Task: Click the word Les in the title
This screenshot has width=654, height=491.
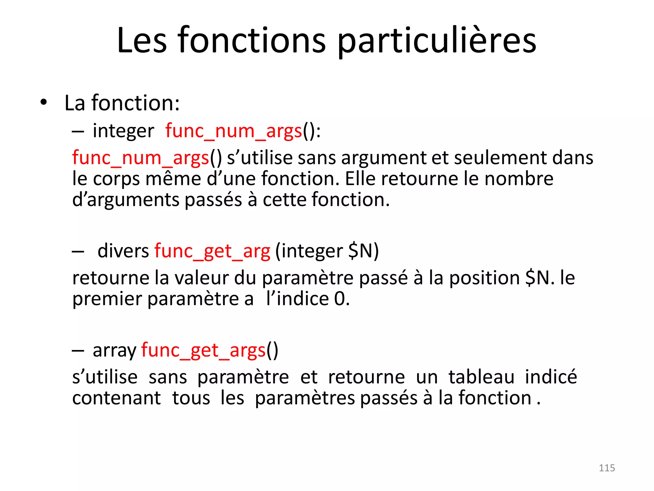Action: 142,41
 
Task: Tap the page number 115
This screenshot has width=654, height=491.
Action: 607,468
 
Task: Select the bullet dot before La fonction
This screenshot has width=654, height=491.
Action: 44,103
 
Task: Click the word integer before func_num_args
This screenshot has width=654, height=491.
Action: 123,131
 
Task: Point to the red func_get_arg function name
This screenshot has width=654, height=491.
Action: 212,251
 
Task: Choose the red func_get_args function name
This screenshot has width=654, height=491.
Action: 203,350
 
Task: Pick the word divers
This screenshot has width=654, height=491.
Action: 123,251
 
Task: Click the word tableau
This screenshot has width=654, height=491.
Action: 481,377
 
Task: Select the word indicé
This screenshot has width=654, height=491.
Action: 551,377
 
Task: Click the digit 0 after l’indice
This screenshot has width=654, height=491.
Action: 340,299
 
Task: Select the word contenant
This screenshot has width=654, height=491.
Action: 117,398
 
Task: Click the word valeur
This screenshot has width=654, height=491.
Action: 202,278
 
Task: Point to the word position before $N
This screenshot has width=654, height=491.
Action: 484,278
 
